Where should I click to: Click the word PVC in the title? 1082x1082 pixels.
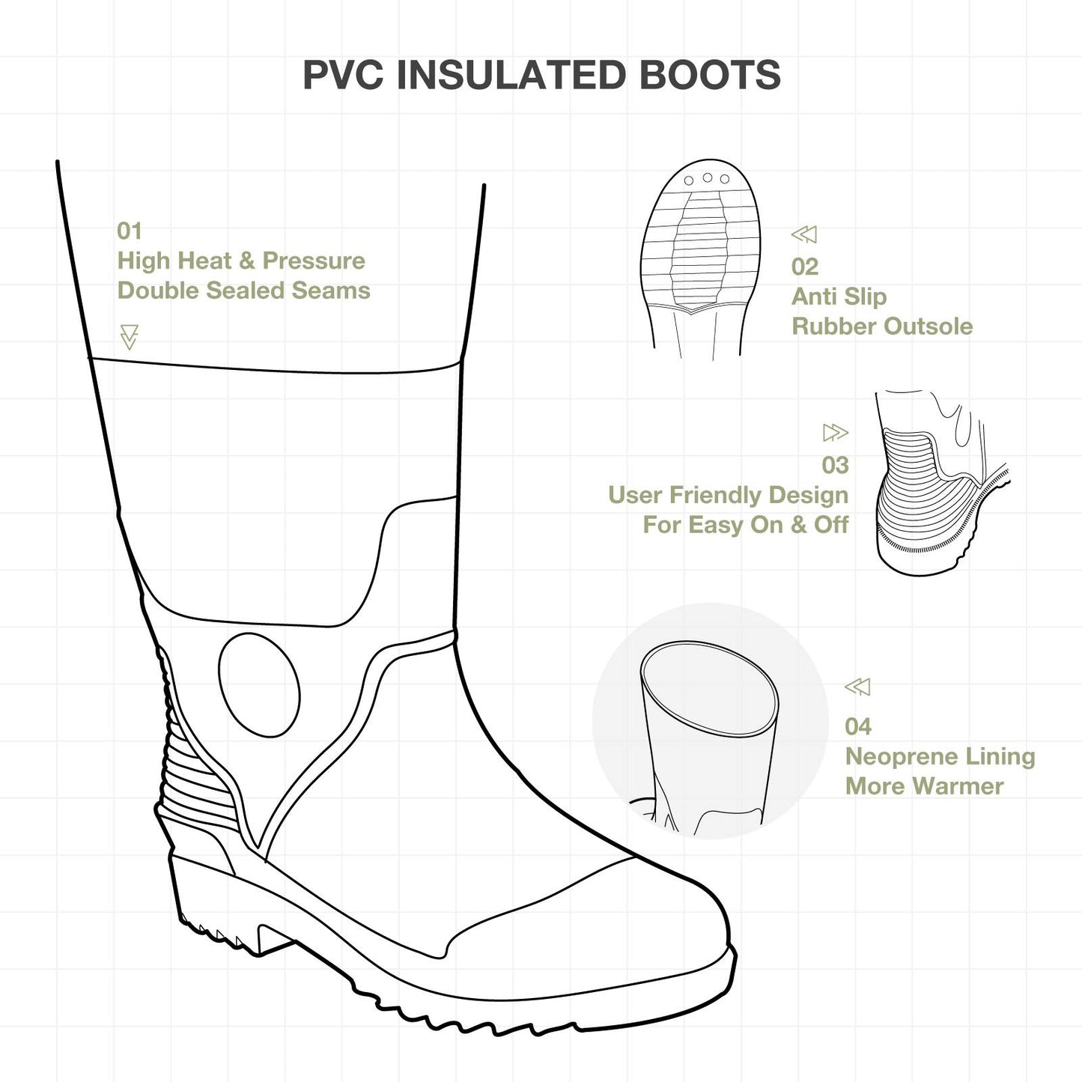[342, 75]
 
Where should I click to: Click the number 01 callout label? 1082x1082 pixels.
[129, 231]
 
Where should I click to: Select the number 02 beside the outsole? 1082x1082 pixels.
[805, 267]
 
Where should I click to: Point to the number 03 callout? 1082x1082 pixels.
[835, 465]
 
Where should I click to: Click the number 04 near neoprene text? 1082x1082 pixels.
[858, 726]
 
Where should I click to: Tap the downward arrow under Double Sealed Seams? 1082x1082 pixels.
[129, 337]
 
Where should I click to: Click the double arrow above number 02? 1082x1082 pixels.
[804, 234]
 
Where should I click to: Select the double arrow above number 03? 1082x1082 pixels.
[836, 432]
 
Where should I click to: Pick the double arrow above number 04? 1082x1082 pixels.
[857, 687]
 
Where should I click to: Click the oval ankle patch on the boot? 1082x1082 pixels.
[259, 685]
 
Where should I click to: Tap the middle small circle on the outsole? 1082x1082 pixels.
[708, 177]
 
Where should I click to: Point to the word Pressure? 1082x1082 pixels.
[314, 261]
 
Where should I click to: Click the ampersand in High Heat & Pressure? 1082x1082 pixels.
[246, 261]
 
